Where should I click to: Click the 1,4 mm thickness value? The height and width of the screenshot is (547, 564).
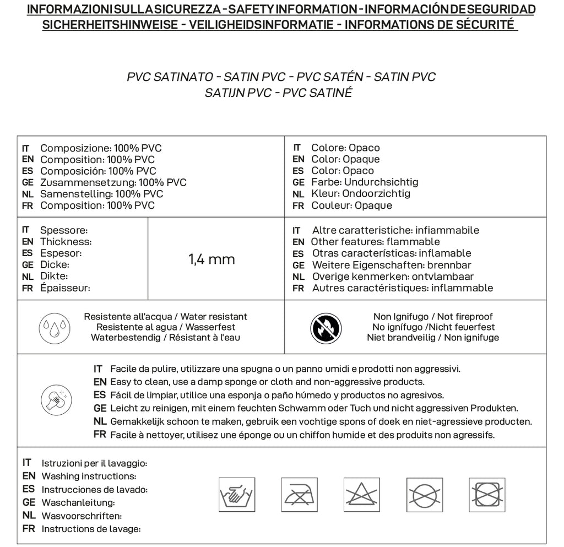[211, 259]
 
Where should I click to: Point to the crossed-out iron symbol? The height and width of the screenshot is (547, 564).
[299, 492]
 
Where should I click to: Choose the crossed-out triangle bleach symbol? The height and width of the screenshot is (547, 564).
[362, 492]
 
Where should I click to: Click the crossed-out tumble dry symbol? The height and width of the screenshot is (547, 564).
[487, 492]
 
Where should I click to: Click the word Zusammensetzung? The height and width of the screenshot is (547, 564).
[88, 182]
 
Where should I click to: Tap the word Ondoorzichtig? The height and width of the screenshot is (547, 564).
[376, 193]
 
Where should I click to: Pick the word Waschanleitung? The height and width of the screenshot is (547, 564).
[78, 502]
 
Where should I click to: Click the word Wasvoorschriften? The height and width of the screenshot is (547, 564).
[82, 516]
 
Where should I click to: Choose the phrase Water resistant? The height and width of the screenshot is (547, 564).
[214, 317]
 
